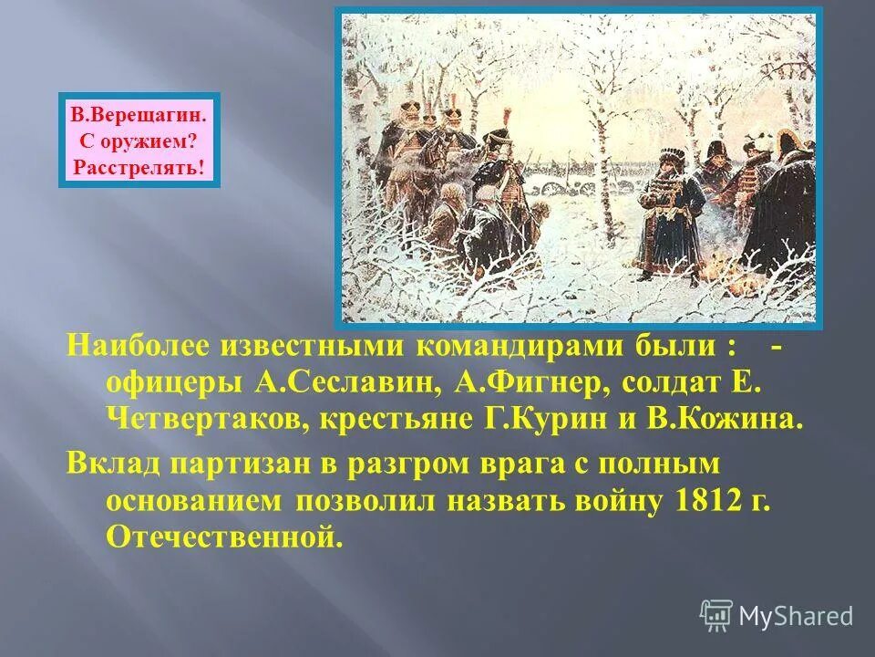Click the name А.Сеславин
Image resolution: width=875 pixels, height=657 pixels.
[x=341, y=384]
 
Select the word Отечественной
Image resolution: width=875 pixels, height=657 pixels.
[x=225, y=537]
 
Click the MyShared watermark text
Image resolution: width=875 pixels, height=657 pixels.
[x=796, y=616]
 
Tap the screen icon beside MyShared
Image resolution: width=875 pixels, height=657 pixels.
[x=716, y=616]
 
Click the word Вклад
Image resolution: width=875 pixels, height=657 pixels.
[x=108, y=464]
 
